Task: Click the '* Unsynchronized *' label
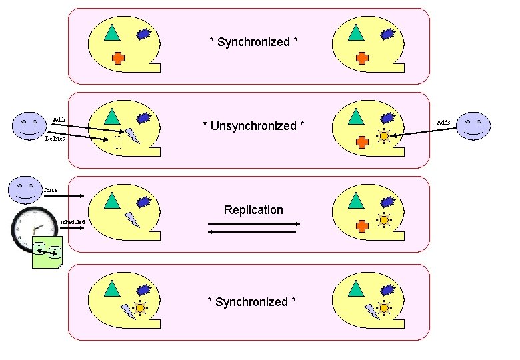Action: point(253,126)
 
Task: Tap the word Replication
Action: point(253,210)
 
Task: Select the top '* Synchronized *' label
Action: point(253,42)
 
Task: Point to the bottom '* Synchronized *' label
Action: point(251,302)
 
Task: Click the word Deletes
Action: point(55,139)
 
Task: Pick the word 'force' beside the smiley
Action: point(51,190)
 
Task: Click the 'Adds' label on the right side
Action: point(443,122)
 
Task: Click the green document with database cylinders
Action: point(47,256)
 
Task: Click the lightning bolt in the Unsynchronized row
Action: point(131,135)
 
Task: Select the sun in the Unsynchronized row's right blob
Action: point(383,136)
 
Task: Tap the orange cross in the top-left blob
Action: point(118,57)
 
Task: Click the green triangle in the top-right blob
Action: point(357,31)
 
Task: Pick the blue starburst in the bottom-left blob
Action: point(144,290)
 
